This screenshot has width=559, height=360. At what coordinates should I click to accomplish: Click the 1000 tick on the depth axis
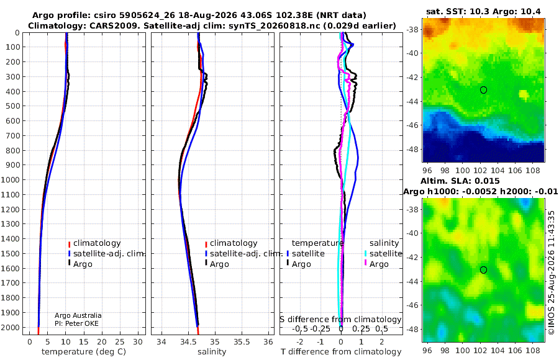[x=11, y=179]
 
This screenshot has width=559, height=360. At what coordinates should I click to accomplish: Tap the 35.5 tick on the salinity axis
[x=242, y=342]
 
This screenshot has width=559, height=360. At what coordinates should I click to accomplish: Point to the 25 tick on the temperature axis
[x=120, y=342]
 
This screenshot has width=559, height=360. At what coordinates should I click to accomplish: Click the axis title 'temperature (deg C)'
[x=84, y=352]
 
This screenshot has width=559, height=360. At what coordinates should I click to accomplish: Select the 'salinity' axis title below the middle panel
[x=212, y=352]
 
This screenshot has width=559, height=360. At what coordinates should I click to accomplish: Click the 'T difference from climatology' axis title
[x=341, y=352]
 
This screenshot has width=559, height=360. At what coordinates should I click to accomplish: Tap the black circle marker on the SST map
[x=483, y=90]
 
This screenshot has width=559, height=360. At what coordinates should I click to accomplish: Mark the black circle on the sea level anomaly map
[x=483, y=270]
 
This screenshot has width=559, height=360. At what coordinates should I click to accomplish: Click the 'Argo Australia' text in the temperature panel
[x=78, y=315]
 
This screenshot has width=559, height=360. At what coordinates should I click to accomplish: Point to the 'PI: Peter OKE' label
[x=76, y=323]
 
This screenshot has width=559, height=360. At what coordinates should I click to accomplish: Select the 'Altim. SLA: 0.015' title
[x=460, y=181]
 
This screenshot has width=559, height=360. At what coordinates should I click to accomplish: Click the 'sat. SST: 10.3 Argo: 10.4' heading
[x=483, y=12]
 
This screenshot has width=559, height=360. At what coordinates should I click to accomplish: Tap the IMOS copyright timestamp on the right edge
[x=552, y=272]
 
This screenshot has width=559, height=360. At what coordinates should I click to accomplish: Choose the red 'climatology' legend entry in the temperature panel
[x=94, y=243]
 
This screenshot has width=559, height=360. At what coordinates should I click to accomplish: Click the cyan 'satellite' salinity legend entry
[x=383, y=254]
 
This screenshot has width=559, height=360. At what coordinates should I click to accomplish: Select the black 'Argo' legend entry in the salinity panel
[x=217, y=264]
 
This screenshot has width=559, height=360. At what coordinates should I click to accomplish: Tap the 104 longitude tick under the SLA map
[x=498, y=350]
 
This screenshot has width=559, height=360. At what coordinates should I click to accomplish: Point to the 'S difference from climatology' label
[x=340, y=320]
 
